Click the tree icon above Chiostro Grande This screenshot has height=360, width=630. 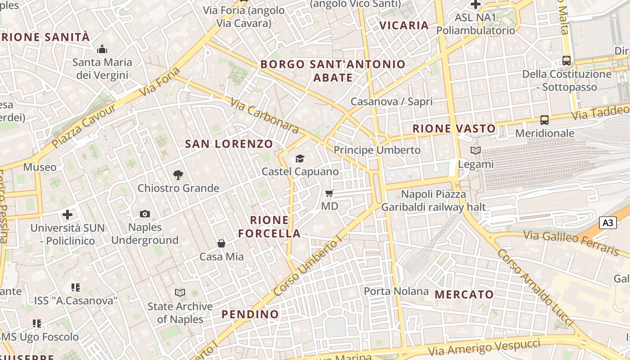(178, 175)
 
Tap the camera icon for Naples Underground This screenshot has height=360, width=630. (145, 214)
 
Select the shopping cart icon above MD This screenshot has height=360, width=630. (329, 193)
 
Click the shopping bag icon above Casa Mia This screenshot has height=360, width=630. (221, 243)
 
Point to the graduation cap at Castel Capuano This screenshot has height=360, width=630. (300, 158)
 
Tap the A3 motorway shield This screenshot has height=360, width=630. (607, 222)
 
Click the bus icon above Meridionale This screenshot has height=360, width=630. (544, 120)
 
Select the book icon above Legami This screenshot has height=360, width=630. (476, 151)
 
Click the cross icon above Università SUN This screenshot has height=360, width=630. (67, 215)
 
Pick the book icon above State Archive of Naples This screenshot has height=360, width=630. (180, 293)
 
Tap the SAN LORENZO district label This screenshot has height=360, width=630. (229, 144)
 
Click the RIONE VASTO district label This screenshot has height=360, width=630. (454, 129)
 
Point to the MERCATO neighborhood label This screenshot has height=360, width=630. (464, 295)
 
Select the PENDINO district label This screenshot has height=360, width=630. (250, 314)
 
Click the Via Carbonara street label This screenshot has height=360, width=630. (264, 116)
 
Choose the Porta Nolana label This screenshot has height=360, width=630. (396, 291)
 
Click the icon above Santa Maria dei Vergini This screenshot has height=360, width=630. (102, 49)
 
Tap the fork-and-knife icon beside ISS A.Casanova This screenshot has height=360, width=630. (76, 287)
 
